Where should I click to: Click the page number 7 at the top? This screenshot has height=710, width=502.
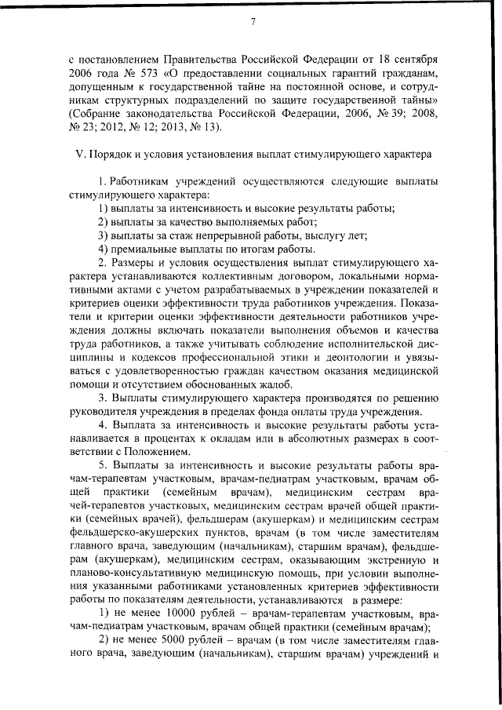point(253,21)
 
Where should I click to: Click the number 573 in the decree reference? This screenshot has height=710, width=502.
point(140,73)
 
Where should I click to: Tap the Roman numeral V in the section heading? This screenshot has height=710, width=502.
point(79,155)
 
